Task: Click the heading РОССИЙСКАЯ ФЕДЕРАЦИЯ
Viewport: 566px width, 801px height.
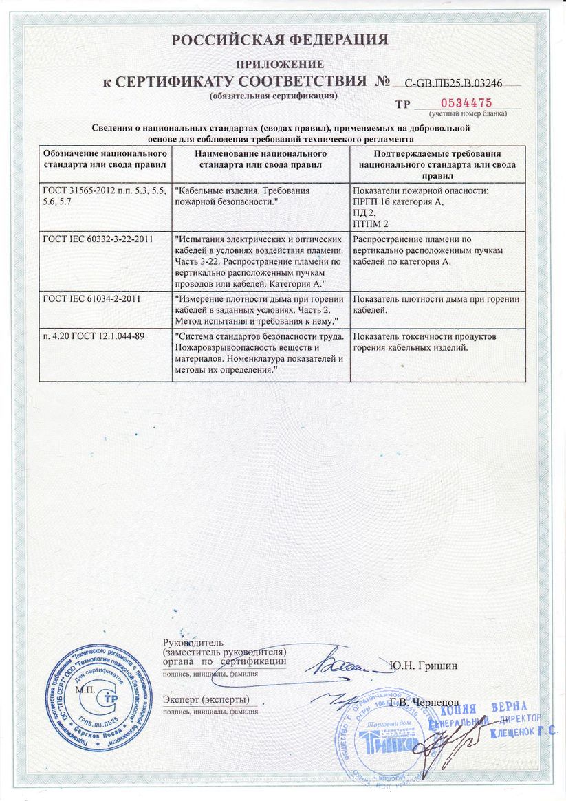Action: (x=280, y=40)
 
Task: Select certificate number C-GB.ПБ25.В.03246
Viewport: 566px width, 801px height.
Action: (x=453, y=83)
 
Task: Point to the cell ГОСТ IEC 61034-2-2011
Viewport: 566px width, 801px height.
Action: (x=93, y=298)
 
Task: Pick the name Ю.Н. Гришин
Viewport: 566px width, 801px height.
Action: (x=423, y=665)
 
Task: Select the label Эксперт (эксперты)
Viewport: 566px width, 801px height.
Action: (x=206, y=699)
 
